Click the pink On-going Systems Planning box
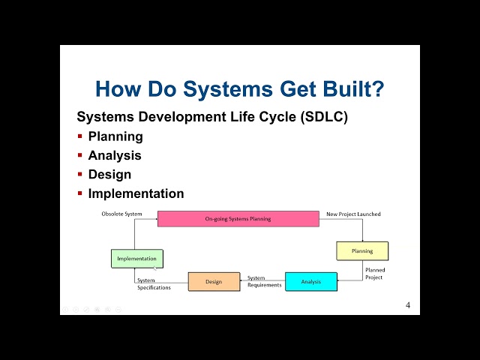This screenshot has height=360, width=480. coord(238,219)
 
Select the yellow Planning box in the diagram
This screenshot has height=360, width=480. coord(362,251)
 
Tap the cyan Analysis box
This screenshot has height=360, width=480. coord(311,282)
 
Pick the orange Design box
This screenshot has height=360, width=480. coord(214,282)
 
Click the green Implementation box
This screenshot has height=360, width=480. coord(136,259)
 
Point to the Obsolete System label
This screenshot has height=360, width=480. coord(121,214)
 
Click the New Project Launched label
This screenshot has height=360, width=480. coord(353,214)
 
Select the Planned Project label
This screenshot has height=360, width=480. coord(373,274)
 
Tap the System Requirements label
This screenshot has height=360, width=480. coord(265,281)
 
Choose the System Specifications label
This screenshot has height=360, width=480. coord(154,284)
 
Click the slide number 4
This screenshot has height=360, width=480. coord(408,305)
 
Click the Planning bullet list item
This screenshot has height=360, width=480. coord(115,136)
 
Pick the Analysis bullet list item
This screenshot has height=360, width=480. coord(115,155)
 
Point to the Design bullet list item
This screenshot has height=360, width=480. coord(109,174)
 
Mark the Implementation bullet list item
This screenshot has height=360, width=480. coord(136,193)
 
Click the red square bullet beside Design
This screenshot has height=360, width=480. coord(79,174)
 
